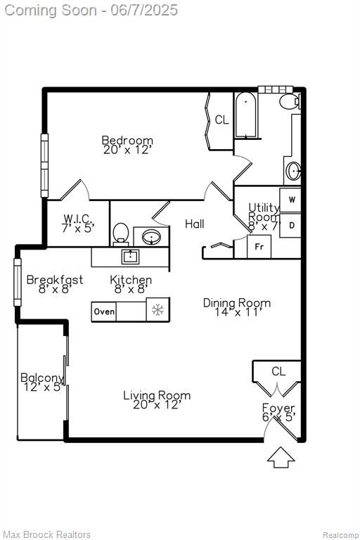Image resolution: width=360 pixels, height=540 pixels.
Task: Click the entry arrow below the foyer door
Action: point(281,457)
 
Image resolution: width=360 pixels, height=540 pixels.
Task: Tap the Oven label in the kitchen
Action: point(104,311)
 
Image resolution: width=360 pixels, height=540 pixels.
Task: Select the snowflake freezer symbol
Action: point(157,309)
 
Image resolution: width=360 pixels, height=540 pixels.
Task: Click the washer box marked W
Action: point(290,200)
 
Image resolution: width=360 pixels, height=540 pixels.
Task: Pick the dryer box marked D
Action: point(290,225)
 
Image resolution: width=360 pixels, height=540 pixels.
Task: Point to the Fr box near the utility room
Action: point(259,247)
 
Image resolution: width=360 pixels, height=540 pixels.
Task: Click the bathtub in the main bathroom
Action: point(245,115)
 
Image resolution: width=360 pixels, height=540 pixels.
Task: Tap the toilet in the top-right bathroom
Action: point(290,101)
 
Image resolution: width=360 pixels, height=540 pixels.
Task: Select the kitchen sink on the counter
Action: point(130,257)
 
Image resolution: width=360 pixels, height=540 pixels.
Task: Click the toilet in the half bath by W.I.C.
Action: point(120,234)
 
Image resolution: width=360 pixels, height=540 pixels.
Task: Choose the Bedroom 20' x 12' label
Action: point(127,145)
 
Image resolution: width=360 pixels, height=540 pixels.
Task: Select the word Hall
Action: point(195,224)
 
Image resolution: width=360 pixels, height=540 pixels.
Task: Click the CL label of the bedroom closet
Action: point(221,120)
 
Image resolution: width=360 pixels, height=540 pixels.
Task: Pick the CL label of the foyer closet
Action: point(278,371)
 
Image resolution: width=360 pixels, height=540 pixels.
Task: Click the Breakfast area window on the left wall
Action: point(17,283)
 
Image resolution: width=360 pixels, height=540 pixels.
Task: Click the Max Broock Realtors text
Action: point(47,534)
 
